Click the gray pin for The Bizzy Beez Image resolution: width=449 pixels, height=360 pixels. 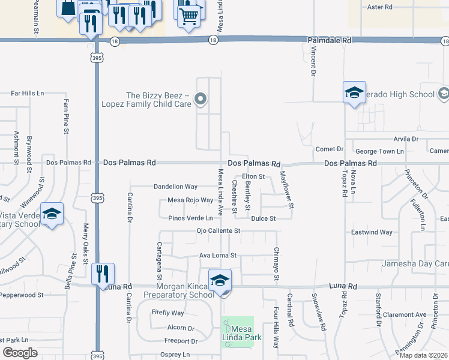point(201,100)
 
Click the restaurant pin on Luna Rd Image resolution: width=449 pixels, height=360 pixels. point(101,274)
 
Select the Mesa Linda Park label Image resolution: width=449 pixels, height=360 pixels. point(238,335)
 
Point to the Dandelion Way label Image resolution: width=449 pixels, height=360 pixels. point(175,187)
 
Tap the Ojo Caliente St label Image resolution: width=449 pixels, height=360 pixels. point(218,230)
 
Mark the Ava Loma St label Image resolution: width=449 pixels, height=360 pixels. point(218,255)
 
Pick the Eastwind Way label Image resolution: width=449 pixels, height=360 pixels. point(372,232)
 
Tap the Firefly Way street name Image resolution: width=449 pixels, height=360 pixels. point(168,313)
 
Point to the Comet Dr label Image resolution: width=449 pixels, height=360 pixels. point(329,149)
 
